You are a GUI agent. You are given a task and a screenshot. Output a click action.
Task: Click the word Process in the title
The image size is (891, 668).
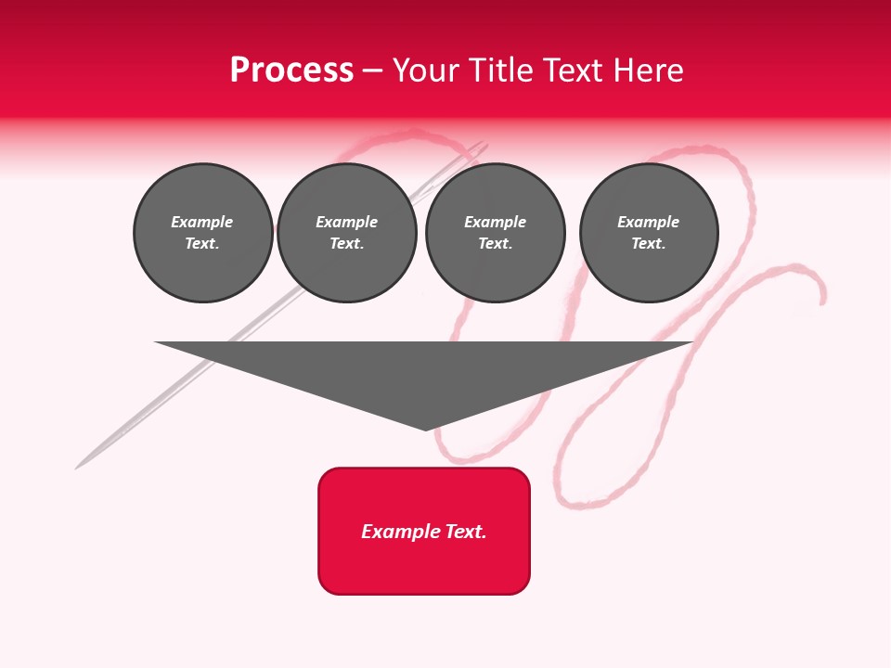291,71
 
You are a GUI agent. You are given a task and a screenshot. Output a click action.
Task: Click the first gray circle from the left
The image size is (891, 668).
202,233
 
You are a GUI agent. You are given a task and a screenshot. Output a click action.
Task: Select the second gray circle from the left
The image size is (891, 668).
346,233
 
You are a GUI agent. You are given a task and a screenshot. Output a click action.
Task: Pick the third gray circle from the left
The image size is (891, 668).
495,233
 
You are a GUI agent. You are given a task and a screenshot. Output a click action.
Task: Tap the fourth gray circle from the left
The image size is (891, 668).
649,233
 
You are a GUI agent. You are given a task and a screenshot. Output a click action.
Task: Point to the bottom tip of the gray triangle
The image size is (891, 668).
426,430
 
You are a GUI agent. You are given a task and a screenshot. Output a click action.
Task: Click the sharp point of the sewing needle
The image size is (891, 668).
77,468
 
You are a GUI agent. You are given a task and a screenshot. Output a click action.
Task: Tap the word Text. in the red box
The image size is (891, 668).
465,532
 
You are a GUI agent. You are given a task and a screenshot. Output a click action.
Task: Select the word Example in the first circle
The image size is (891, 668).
202,222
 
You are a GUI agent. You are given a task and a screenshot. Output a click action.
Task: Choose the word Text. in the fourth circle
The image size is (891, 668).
649,244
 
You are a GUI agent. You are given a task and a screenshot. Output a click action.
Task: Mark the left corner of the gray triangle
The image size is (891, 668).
157,343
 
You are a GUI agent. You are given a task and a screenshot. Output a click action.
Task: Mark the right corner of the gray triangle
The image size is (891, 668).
691,343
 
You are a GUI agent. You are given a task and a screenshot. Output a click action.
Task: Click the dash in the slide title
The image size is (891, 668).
372,71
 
